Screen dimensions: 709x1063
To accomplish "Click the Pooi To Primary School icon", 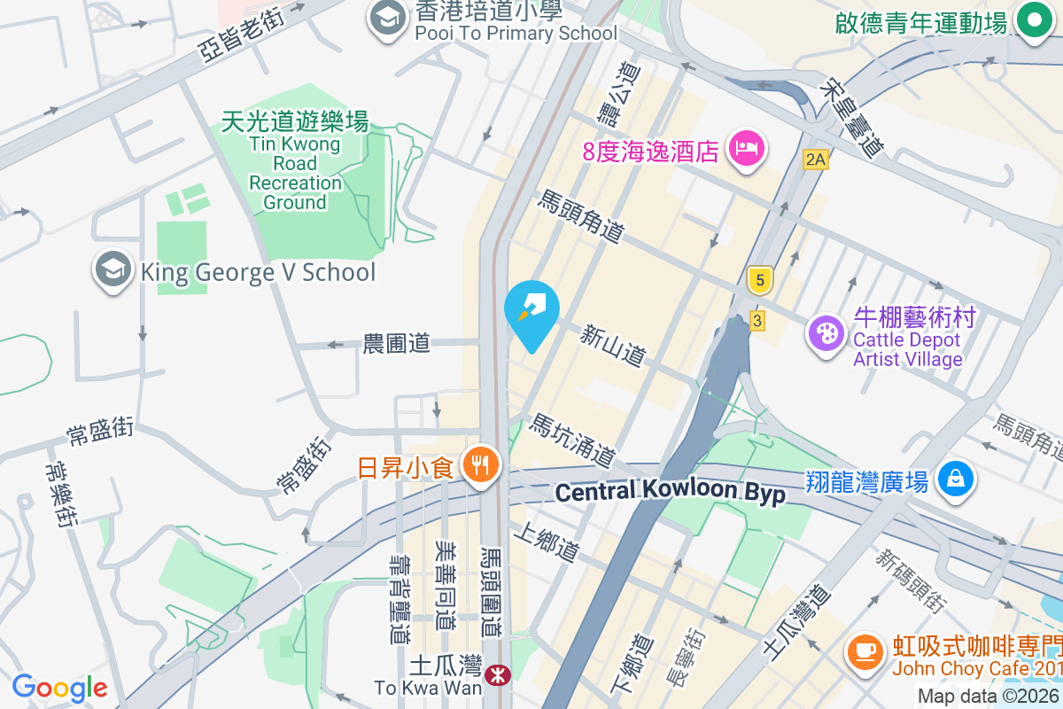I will (x=387, y=19).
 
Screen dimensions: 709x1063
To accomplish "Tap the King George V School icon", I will (x=113, y=271).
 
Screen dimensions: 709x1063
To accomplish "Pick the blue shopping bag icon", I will (x=956, y=479).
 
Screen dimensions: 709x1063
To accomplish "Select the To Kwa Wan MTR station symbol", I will (x=498, y=676).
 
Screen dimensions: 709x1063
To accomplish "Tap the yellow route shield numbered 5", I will (x=758, y=281).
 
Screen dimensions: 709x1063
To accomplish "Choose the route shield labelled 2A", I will (x=815, y=160).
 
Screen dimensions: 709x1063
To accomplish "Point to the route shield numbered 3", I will (x=757, y=320).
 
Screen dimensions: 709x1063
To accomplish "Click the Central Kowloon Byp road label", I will (x=671, y=492).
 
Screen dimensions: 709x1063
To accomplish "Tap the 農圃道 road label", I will (x=397, y=343).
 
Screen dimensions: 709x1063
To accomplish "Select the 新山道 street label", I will (x=612, y=346).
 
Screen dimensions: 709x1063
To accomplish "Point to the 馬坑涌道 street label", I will (x=572, y=441).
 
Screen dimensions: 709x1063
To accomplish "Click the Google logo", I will (x=60, y=688).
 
